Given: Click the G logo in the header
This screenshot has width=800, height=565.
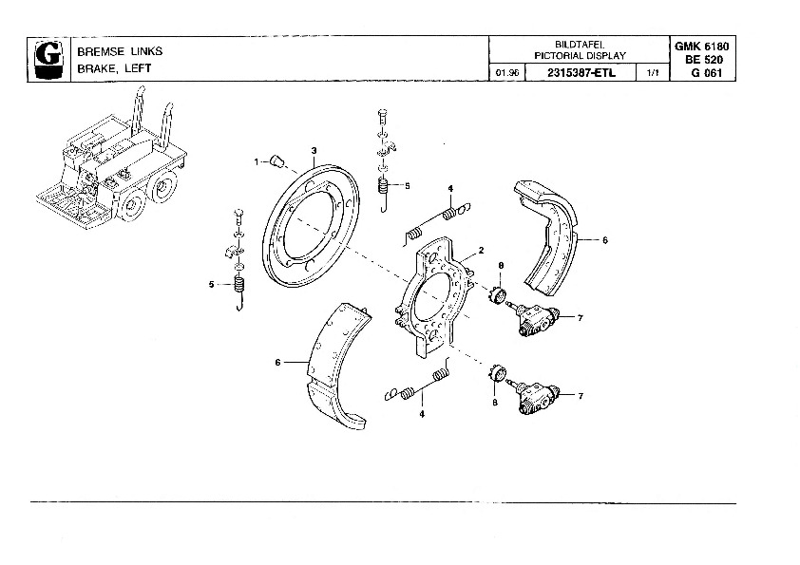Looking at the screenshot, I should point(45,58).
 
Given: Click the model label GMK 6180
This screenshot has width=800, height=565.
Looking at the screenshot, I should point(702,46).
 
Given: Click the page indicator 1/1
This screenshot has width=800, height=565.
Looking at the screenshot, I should point(651,73).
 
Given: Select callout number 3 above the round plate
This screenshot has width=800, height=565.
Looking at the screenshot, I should point(314,150).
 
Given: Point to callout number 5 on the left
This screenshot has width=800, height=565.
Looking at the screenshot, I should point(212,284).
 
